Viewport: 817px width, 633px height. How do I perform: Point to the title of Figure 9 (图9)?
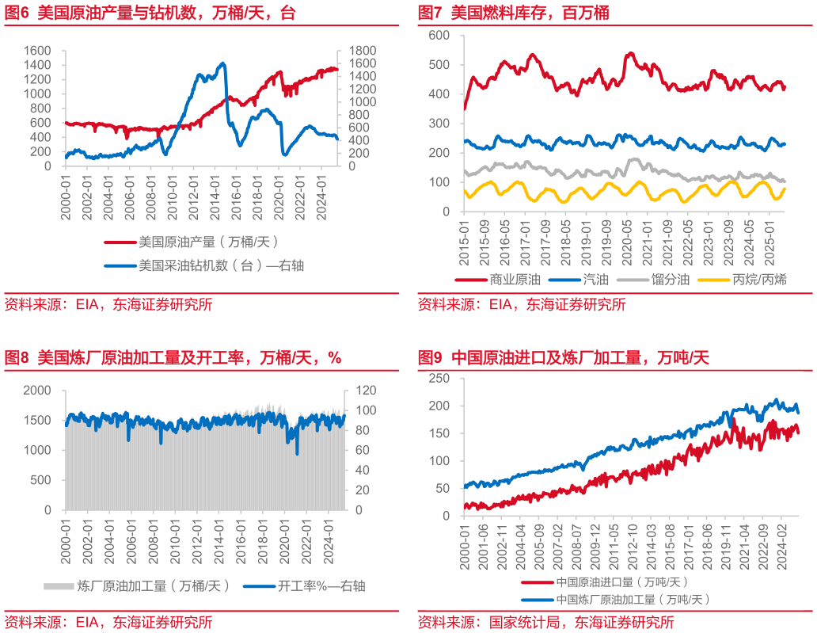pos(563,358)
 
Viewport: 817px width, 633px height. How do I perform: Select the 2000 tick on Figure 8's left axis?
pos(37,391)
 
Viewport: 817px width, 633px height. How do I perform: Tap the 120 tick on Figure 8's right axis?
pos(354,391)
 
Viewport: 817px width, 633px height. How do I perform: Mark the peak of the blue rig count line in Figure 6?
pos(223,63)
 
